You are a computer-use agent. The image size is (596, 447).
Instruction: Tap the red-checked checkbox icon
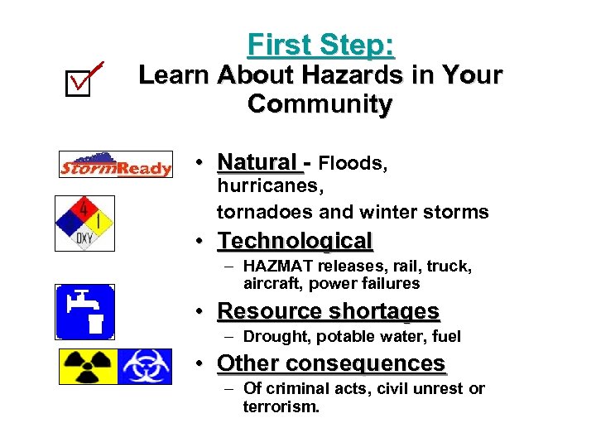click(84, 79)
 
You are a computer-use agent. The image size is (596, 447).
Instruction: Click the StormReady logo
click(115, 165)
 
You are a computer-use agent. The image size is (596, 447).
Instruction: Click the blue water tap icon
click(85, 311)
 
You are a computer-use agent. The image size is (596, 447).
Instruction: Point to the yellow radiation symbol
click(88, 366)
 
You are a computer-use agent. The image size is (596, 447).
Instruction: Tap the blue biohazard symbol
click(145, 366)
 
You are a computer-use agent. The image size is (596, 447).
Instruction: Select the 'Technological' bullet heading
click(295, 241)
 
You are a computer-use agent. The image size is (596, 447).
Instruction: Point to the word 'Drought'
click(274, 336)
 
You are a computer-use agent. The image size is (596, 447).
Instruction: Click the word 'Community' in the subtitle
click(320, 105)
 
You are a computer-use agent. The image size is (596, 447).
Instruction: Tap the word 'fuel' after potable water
click(445, 336)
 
